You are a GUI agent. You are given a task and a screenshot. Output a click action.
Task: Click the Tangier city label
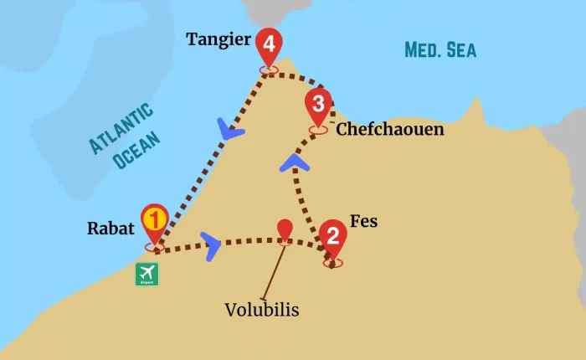[218, 39]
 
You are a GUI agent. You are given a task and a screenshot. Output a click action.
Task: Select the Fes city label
[363, 222]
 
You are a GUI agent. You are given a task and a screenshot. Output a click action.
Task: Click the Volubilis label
[261, 310]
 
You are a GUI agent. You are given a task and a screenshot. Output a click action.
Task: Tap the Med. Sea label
[439, 49]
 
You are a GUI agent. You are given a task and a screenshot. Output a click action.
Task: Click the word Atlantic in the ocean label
[121, 127]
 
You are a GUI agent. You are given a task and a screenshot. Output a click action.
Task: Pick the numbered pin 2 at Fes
[332, 237]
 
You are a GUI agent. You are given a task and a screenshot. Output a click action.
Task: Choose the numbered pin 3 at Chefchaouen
[318, 105]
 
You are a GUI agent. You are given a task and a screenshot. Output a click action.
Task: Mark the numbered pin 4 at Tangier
[268, 44]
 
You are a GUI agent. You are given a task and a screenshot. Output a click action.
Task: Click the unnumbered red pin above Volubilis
[285, 229]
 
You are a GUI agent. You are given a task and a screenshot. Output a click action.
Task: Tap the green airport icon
[146, 274]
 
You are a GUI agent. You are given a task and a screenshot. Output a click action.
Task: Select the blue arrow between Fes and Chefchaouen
[293, 159]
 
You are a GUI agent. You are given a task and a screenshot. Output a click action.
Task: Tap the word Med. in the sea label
[424, 49]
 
